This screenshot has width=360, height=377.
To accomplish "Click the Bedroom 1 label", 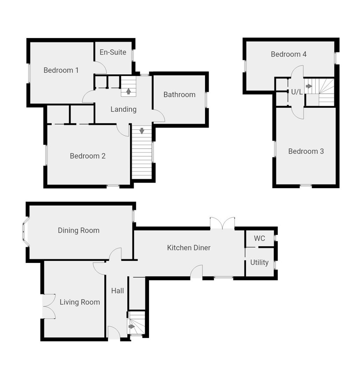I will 61,70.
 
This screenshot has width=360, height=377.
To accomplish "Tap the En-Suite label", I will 113,52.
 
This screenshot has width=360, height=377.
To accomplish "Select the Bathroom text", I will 179,95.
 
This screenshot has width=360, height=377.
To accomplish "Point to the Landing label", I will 123,109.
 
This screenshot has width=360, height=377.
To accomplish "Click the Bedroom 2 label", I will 88,156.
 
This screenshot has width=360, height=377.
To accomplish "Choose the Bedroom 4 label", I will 288,54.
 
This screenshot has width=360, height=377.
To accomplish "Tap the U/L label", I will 297,92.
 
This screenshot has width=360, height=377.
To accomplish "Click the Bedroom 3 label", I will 306,151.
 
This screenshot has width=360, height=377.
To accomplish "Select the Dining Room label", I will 78,230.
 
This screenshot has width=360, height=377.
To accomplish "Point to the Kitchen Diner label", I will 189,248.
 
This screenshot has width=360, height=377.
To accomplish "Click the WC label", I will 259,238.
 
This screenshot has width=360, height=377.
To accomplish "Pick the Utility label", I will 259,263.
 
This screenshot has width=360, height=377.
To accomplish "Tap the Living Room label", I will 80,302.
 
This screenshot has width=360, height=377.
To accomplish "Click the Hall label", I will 118,290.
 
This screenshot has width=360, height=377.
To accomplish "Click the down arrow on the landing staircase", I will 142,131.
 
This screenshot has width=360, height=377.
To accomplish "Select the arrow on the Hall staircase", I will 132,326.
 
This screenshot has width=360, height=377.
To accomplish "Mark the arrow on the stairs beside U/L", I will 309,86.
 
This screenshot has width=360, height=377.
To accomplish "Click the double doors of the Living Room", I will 48,306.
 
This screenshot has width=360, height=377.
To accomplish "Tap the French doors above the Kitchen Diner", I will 222,223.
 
